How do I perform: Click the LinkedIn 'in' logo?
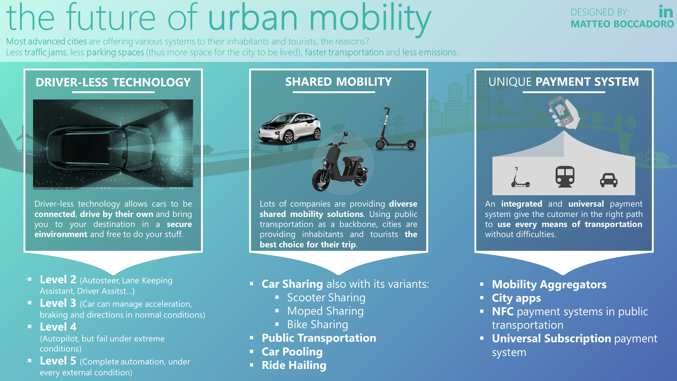(666, 12)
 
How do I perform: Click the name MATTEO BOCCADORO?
(622, 24)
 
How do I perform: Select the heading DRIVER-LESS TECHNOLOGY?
(113, 82)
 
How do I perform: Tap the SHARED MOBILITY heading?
(338, 82)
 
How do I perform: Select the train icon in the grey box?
(565, 176)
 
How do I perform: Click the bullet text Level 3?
(58, 303)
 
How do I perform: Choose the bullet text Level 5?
(58, 361)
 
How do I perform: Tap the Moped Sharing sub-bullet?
(325, 311)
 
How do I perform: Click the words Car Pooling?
(292, 352)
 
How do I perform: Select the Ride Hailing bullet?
(294, 365)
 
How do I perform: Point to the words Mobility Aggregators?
(549, 285)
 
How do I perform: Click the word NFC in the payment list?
(503, 312)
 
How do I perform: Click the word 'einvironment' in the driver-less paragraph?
(61, 234)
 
